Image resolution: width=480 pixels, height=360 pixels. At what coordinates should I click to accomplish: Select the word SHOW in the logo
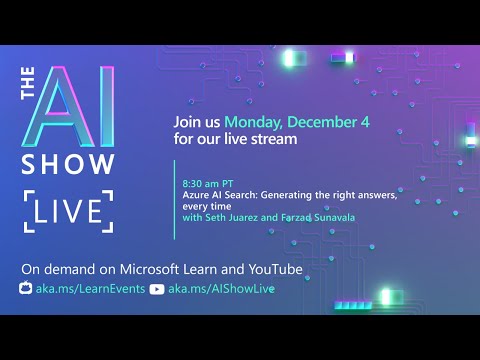coord(67,165)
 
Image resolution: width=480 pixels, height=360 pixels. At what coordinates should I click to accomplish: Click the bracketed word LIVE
coord(68,212)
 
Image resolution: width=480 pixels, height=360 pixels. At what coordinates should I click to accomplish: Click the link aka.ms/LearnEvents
coord(89,289)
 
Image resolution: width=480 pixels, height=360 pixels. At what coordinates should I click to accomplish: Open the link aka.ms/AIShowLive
coord(221,289)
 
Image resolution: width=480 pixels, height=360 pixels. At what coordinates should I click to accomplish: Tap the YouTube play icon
coord(156,289)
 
